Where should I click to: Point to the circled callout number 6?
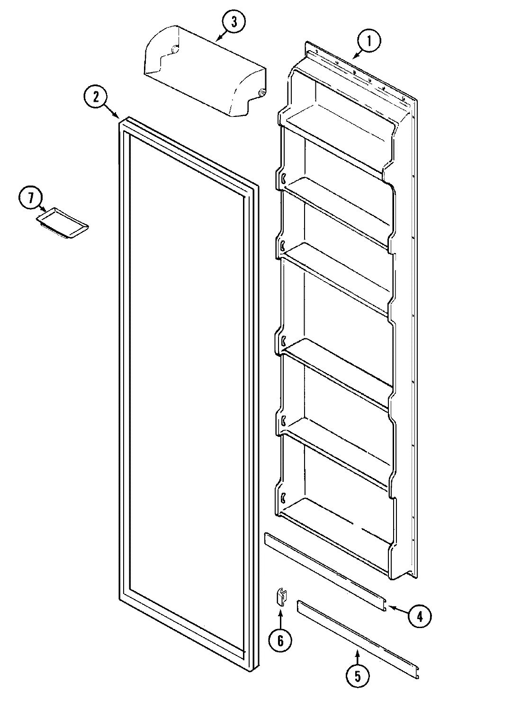click(280, 641)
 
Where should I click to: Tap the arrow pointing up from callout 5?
click(358, 656)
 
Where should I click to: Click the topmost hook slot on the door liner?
click(283, 178)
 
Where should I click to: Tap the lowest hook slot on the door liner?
click(283, 497)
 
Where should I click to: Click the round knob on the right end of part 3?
click(261, 93)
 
